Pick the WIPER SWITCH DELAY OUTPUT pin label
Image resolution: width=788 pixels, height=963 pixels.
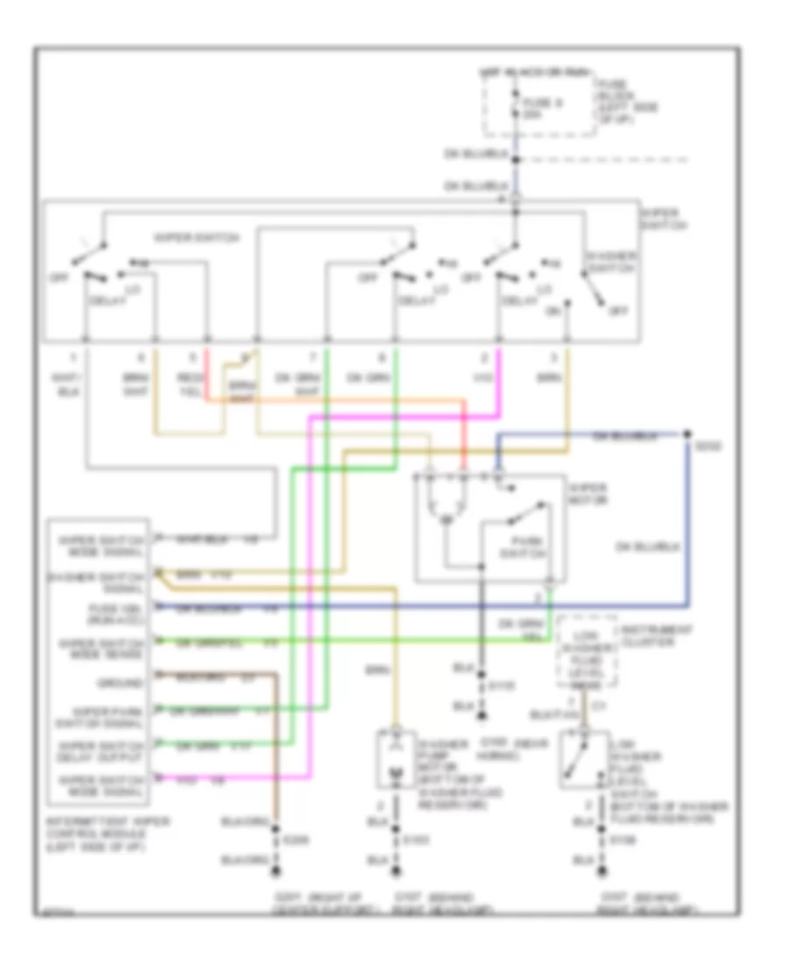[x=99, y=746]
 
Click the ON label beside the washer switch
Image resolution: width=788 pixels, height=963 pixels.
[x=554, y=309]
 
